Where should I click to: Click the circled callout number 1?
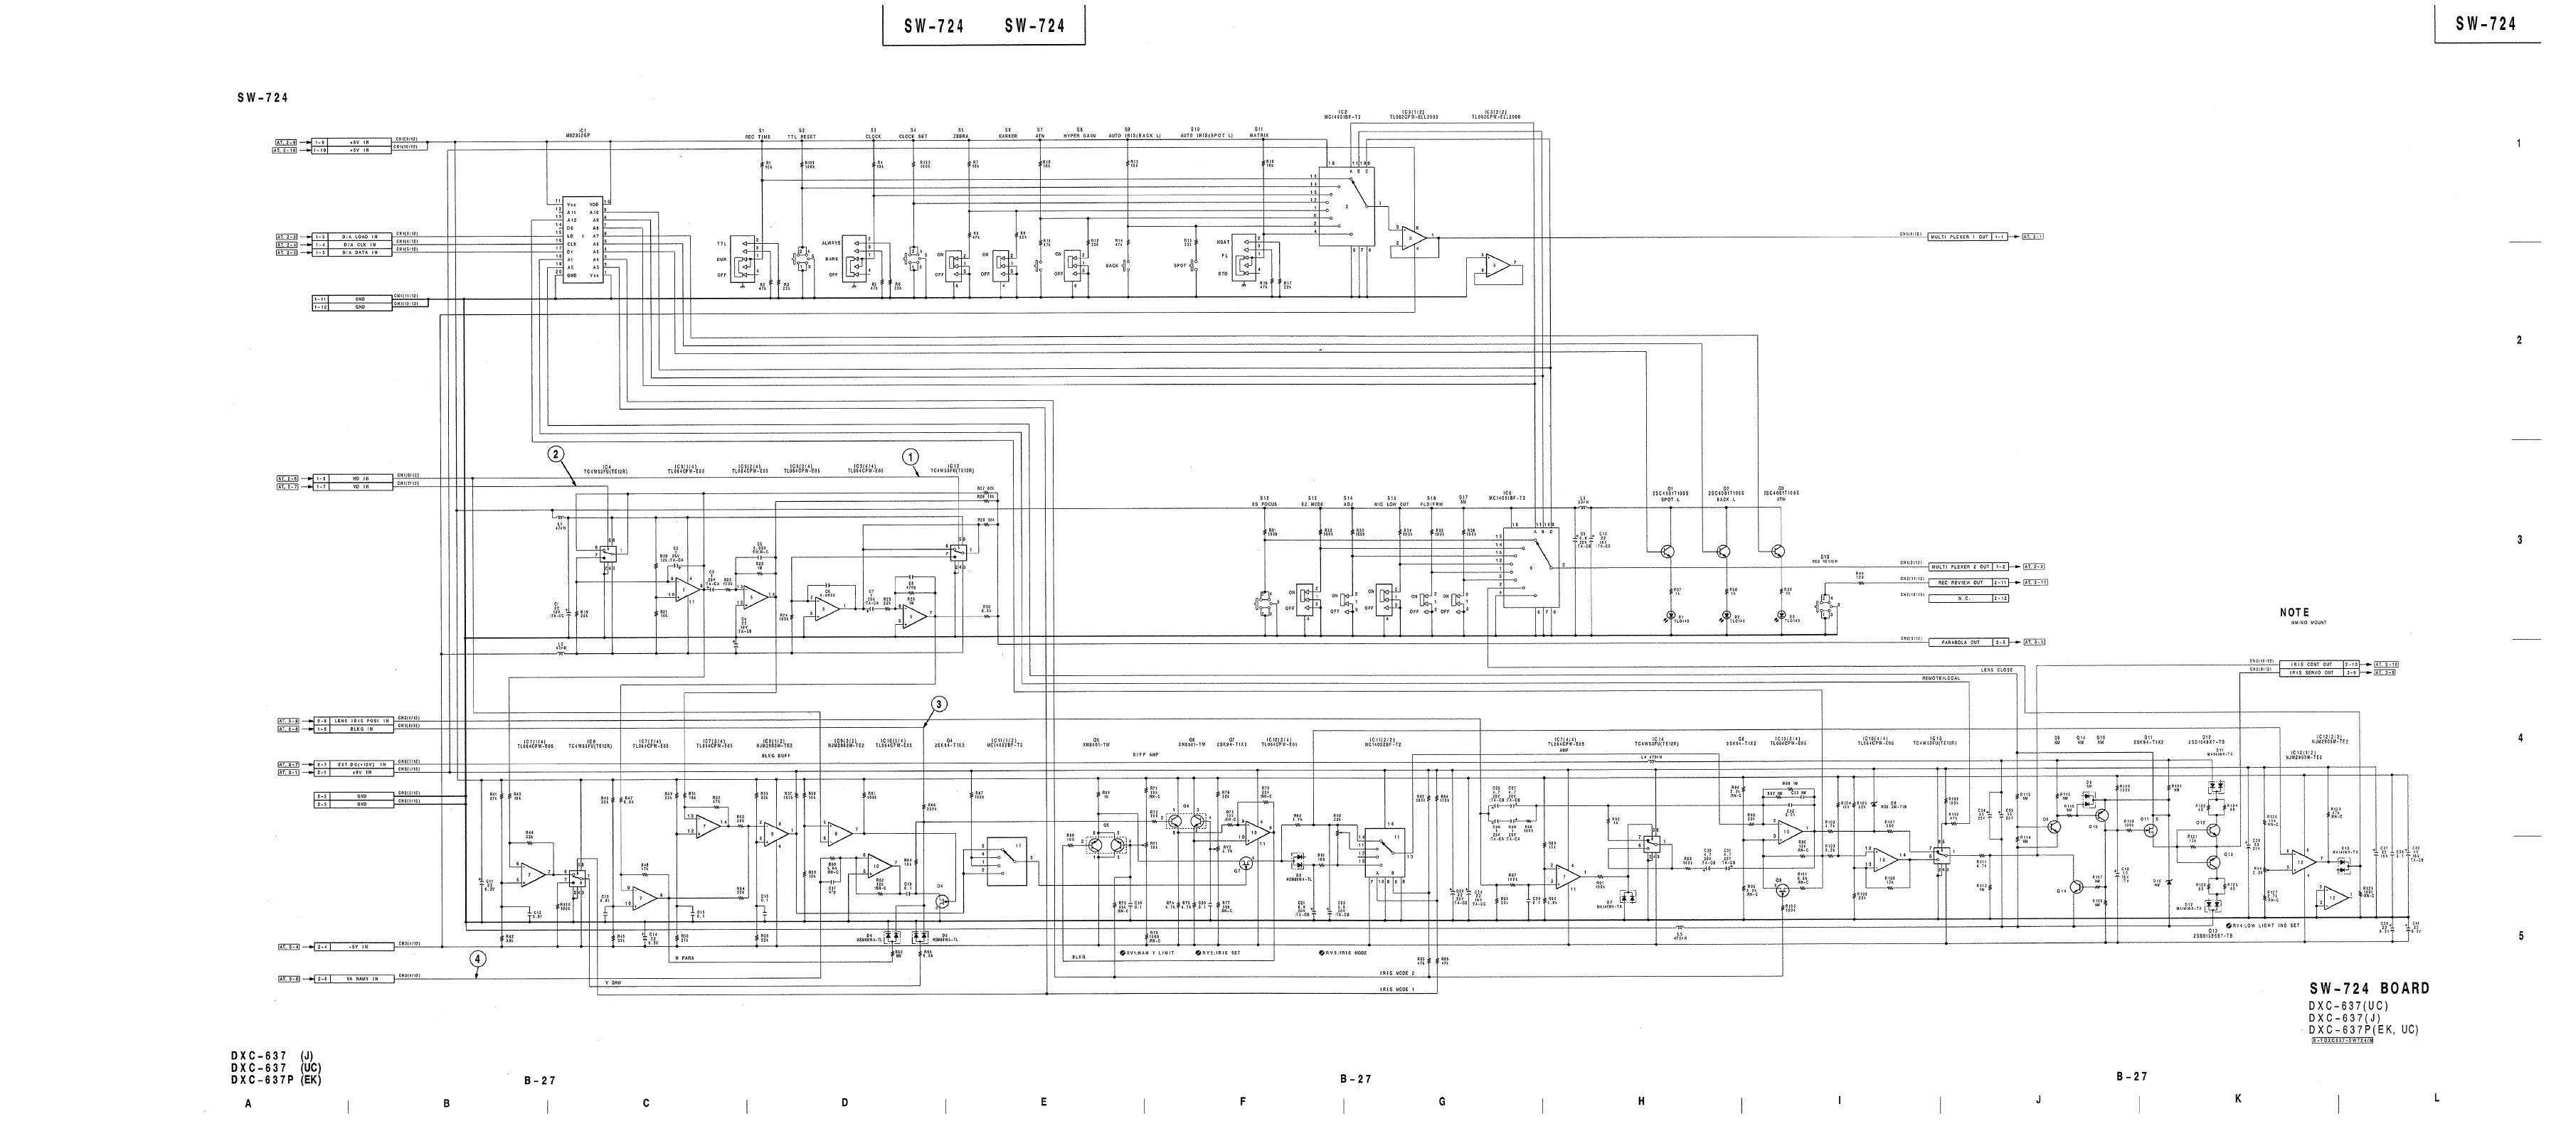[x=910, y=457]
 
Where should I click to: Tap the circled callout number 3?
[x=938, y=704]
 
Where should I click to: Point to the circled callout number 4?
[x=478, y=959]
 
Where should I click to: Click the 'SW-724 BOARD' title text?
[x=2369, y=989]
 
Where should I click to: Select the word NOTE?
[x=2294, y=612]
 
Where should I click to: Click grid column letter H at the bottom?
[x=1641, y=1101]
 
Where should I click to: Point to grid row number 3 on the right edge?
[x=2519, y=540]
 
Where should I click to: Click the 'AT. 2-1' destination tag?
[x=2029, y=237]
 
